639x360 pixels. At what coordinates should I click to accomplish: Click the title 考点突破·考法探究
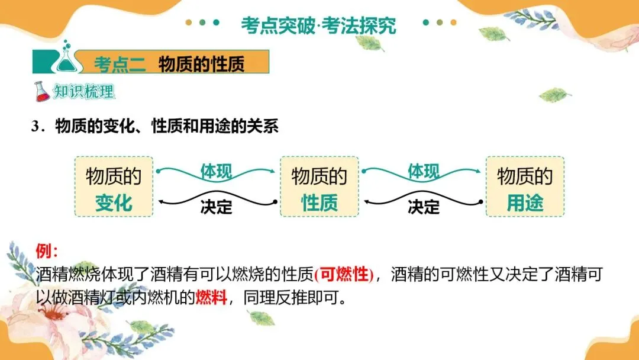tap(318, 25)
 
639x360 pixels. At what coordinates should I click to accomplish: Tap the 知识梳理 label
tap(83, 92)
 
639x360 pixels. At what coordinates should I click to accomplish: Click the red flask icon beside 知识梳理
tap(41, 92)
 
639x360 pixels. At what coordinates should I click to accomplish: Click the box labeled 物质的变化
tap(114, 187)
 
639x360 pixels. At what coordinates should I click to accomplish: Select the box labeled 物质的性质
tap(319, 187)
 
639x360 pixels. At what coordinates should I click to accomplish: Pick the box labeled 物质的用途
tap(525, 187)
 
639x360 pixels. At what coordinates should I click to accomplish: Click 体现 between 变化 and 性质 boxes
tap(216, 172)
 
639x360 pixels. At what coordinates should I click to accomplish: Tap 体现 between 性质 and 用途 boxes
tap(423, 172)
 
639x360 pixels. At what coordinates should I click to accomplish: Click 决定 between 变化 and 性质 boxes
tap(216, 207)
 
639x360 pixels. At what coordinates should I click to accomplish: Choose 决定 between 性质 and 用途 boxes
tap(423, 207)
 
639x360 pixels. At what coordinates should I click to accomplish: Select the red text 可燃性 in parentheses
tap(344, 275)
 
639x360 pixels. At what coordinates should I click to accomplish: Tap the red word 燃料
tap(211, 297)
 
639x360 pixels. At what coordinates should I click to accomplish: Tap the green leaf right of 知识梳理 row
tap(554, 94)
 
